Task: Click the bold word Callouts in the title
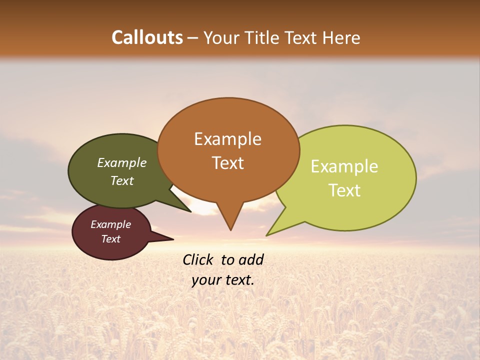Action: click(x=147, y=37)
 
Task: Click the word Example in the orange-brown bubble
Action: click(x=227, y=139)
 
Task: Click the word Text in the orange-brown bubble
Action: click(x=227, y=163)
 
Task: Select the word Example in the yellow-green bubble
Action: click(x=344, y=166)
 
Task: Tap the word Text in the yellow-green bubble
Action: click(x=344, y=190)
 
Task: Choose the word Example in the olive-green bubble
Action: click(x=122, y=163)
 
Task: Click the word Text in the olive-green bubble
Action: click(x=122, y=181)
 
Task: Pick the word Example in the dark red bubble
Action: click(x=110, y=225)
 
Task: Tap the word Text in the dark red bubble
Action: click(x=110, y=239)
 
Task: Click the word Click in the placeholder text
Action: click(x=199, y=259)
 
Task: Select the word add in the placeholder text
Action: click(x=251, y=259)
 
